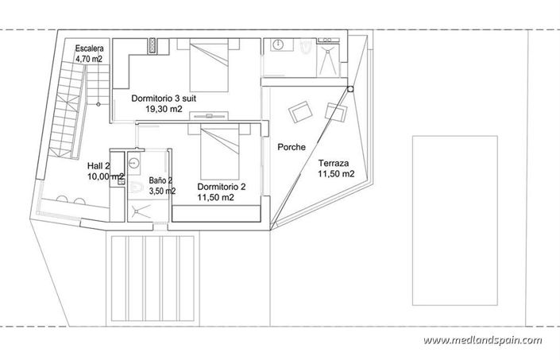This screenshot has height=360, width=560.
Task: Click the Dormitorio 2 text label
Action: pos(221,188)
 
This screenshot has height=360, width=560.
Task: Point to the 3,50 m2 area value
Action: pos(162,192)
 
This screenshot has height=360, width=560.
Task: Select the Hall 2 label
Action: pos(99,167)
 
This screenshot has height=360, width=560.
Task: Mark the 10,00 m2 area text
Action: pos(106,177)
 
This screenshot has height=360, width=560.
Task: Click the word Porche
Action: pos(292,147)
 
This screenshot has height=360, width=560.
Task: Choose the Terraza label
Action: pos(334,162)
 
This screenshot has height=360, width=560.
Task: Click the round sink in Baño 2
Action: pos(134,162)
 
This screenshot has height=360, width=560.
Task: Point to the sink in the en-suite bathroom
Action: pos(278,47)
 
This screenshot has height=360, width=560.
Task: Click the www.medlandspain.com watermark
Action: pos(482,341)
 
